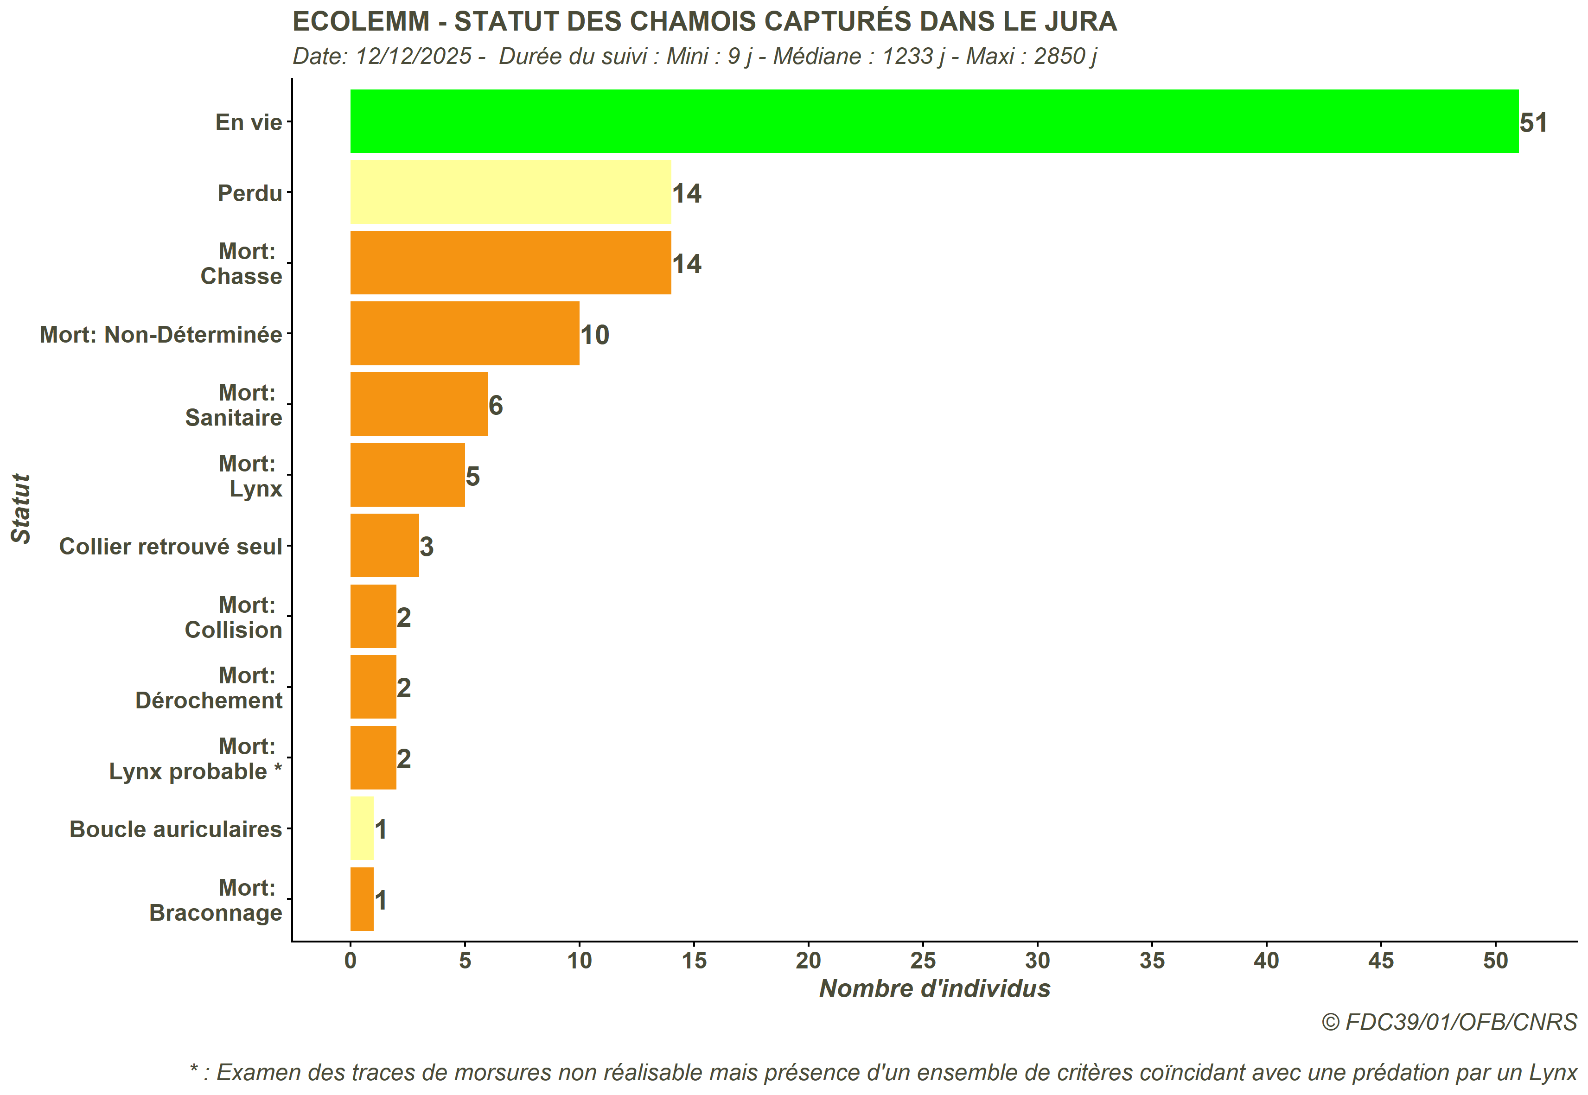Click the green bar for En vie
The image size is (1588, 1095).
coord(933,121)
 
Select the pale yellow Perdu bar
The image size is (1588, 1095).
coord(510,192)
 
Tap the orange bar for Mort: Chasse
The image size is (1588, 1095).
coord(510,263)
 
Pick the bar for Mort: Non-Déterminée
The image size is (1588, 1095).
coord(465,333)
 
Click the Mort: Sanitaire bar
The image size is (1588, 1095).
coord(419,404)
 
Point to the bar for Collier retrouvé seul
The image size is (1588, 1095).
coord(384,546)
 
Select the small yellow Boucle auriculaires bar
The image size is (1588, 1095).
coord(362,828)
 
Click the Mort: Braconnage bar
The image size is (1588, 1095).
coord(362,899)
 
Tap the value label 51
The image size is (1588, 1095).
coord(1533,123)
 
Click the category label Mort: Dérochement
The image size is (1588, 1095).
coord(209,688)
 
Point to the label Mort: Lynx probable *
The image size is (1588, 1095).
coord(196,759)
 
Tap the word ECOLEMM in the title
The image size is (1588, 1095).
coord(360,22)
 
